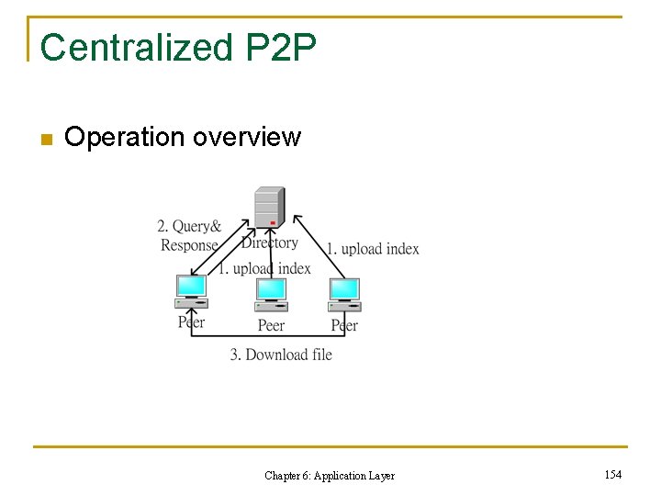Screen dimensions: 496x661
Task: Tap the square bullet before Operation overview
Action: click(47, 140)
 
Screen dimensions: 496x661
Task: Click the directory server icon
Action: click(270, 207)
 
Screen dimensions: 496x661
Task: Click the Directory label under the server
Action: click(270, 242)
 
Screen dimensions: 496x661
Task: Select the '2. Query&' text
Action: click(189, 227)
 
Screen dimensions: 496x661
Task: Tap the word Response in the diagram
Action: click(189, 245)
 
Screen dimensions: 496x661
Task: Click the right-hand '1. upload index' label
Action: click(373, 249)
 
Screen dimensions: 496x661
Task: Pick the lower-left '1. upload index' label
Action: click(264, 268)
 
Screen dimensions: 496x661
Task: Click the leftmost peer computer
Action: click(191, 291)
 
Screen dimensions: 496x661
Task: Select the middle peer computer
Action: click(271, 295)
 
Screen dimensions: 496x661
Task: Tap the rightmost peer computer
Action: click(344, 295)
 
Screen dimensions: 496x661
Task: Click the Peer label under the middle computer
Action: click(271, 325)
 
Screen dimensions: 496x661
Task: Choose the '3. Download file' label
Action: click(281, 355)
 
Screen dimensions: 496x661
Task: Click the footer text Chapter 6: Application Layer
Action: click(330, 476)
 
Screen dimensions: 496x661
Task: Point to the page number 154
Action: click(612, 475)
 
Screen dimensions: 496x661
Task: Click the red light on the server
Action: click(273, 222)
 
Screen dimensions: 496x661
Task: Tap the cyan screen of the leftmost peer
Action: click(191, 286)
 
